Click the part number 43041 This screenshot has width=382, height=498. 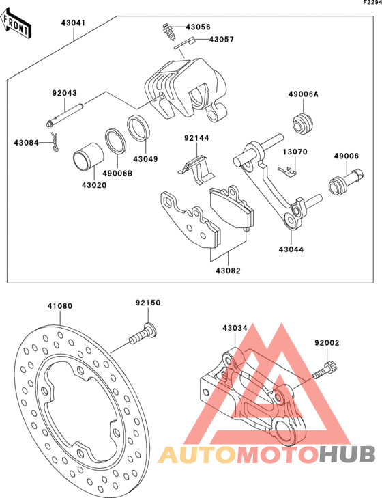[x=74, y=23]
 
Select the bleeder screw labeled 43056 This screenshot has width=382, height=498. [x=168, y=31]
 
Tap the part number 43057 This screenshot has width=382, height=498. [x=222, y=40]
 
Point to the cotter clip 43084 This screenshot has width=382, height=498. [x=55, y=141]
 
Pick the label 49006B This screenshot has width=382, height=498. [x=117, y=174]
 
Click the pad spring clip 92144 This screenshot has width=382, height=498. [x=196, y=169]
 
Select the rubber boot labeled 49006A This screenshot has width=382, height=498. [x=303, y=124]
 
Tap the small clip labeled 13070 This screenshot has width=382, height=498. [x=287, y=171]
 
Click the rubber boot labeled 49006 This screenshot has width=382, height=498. [x=346, y=182]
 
